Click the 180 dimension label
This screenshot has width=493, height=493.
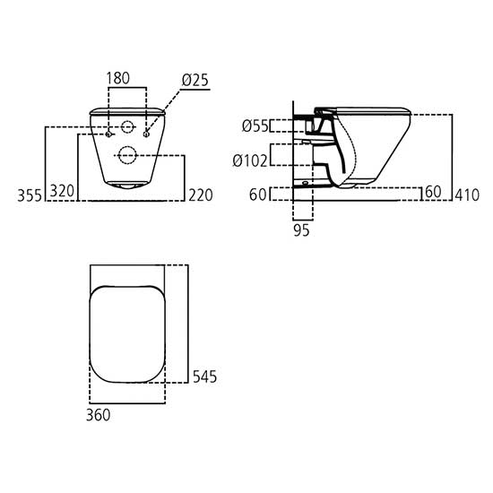(x=118, y=78)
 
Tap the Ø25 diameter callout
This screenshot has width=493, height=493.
(x=195, y=80)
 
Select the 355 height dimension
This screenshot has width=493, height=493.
(x=30, y=195)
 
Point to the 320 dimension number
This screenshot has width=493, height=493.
(x=62, y=191)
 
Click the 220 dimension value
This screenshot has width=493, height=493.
(x=201, y=195)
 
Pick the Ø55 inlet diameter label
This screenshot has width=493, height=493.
(x=255, y=126)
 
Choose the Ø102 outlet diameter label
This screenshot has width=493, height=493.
(x=250, y=161)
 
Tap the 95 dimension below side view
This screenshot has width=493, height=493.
(x=301, y=230)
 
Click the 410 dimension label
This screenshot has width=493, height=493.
(x=467, y=195)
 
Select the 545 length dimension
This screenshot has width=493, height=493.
(x=204, y=376)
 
